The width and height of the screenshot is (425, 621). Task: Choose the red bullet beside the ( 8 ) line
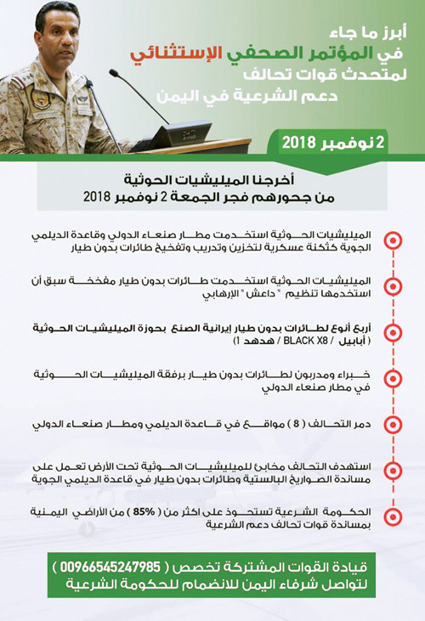393,422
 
